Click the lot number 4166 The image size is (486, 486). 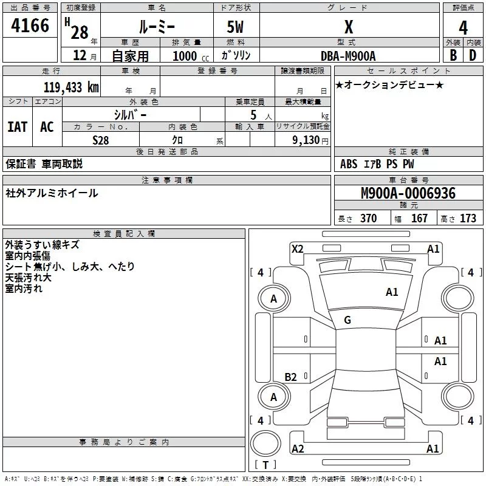[x=30, y=26]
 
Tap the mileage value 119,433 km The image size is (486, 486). [x=71, y=87]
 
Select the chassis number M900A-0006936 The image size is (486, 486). [x=408, y=193]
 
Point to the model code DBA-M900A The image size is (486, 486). [x=349, y=55]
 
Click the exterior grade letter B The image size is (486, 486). [x=453, y=55]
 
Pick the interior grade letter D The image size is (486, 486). [x=473, y=55]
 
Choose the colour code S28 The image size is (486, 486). [x=100, y=140]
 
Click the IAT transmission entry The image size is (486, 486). [x=18, y=127]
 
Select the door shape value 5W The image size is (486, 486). [x=235, y=27]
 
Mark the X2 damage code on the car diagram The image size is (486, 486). [x=298, y=248]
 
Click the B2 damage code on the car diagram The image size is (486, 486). [x=291, y=377]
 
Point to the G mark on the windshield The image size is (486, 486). [x=347, y=320]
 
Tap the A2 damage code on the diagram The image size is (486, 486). [x=298, y=448]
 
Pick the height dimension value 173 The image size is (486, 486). [x=468, y=219]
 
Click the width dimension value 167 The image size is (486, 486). [x=420, y=219]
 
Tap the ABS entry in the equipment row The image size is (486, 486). [x=349, y=164]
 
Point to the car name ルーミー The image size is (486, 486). [x=156, y=27]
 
